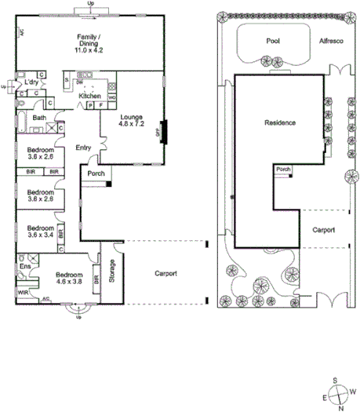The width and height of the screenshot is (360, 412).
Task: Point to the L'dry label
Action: (32, 82)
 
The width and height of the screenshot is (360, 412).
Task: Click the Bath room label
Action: (39, 118)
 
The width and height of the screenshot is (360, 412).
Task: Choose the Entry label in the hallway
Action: (84, 148)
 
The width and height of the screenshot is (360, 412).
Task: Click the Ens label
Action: (24, 266)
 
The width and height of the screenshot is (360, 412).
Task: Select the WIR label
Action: (23, 292)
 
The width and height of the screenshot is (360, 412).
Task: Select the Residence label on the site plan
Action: (280, 123)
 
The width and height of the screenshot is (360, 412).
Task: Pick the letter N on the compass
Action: (340, 407)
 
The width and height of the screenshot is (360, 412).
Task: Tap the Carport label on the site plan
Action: (323, 231)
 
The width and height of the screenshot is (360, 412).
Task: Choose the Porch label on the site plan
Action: (282, 168)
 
